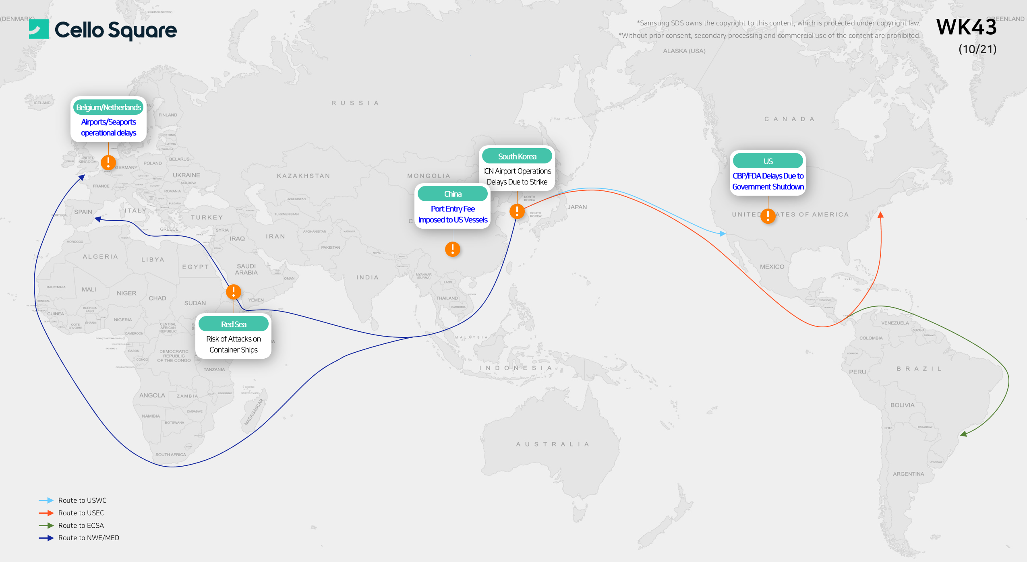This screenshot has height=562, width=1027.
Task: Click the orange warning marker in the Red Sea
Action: [234, 291]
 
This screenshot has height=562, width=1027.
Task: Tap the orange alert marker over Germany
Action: [108, 162]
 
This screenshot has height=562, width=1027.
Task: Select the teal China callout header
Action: [452, 194]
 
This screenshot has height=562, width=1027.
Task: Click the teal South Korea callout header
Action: [517, 157]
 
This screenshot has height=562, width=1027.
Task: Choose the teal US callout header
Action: [768, 161]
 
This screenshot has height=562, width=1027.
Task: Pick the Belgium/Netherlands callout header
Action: [108, 107]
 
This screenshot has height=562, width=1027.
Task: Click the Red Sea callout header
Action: [233, 324]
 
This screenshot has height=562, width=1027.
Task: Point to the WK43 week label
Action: [966, 27]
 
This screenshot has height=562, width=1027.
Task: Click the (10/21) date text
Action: [977, 49]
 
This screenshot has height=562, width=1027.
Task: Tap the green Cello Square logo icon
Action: [39, 29]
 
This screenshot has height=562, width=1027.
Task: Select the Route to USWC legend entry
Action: [82, 500]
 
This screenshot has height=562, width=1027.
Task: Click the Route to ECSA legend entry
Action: [81, 525]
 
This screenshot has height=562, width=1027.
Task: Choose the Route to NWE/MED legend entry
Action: [89, 538]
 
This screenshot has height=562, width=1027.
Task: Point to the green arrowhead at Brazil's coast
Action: [963, 434]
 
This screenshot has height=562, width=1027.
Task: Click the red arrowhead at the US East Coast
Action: [880, 215]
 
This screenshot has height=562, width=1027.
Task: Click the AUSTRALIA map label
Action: [553, 444]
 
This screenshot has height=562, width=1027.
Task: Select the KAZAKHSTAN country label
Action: [303, 176]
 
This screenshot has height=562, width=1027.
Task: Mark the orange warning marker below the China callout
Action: [452, 249]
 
